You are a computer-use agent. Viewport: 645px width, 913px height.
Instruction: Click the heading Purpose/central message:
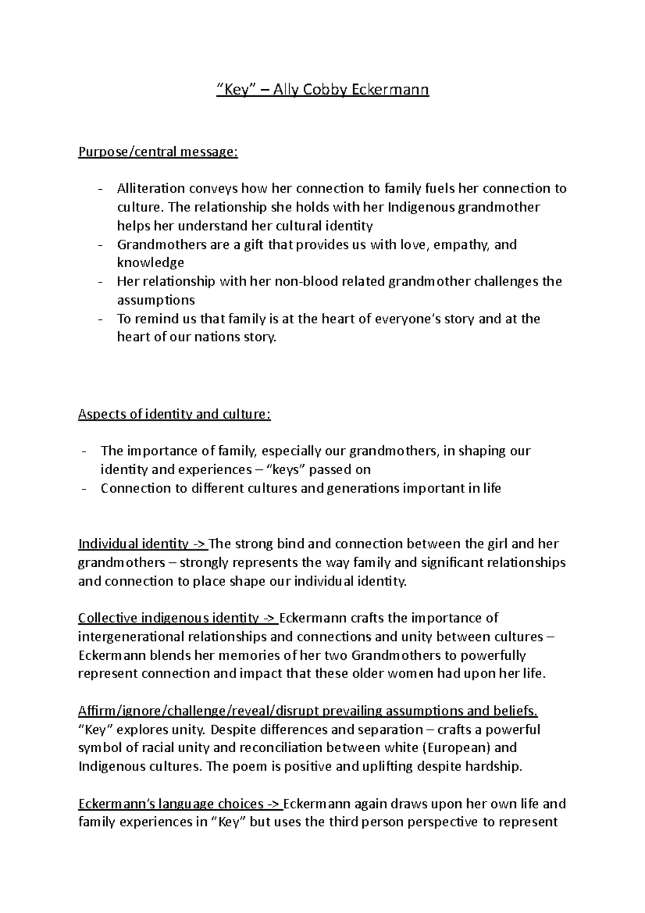click(157, 152)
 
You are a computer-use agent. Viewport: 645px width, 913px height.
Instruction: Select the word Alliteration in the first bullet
click(150, 189)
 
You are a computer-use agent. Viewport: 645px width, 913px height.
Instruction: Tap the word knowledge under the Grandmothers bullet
click(150, 263)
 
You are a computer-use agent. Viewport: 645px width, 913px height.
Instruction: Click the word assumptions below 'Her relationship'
click(156, 300)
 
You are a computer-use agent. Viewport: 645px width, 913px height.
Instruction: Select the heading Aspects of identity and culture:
click(175, 415)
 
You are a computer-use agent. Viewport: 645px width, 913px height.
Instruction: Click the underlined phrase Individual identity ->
click(142, 544)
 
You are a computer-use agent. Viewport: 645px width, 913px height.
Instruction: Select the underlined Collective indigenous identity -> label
click(178, 618)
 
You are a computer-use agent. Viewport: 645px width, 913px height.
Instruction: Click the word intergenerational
click(131, 637)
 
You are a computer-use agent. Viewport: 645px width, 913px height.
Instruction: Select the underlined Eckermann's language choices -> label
click(180, 804)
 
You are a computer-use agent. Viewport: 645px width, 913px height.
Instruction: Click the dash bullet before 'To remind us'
click(101, 319)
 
